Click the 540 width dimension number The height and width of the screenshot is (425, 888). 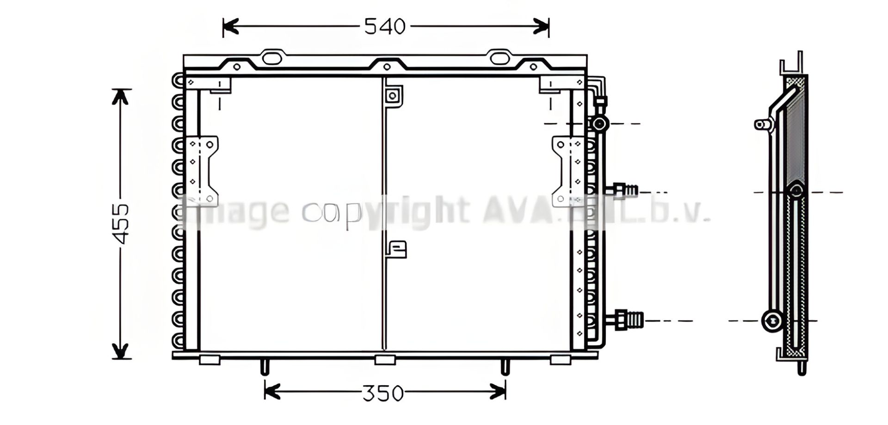385,27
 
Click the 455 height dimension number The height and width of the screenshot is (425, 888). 121,223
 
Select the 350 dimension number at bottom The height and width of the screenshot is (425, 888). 383,394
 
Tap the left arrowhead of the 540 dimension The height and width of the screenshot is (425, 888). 229,27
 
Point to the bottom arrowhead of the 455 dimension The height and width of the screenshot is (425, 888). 121,351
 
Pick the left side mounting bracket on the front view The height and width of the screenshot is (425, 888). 202,171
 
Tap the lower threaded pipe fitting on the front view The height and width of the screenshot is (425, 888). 627,320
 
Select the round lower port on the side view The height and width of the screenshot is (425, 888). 771,320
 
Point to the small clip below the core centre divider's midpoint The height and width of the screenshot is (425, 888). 397,249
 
